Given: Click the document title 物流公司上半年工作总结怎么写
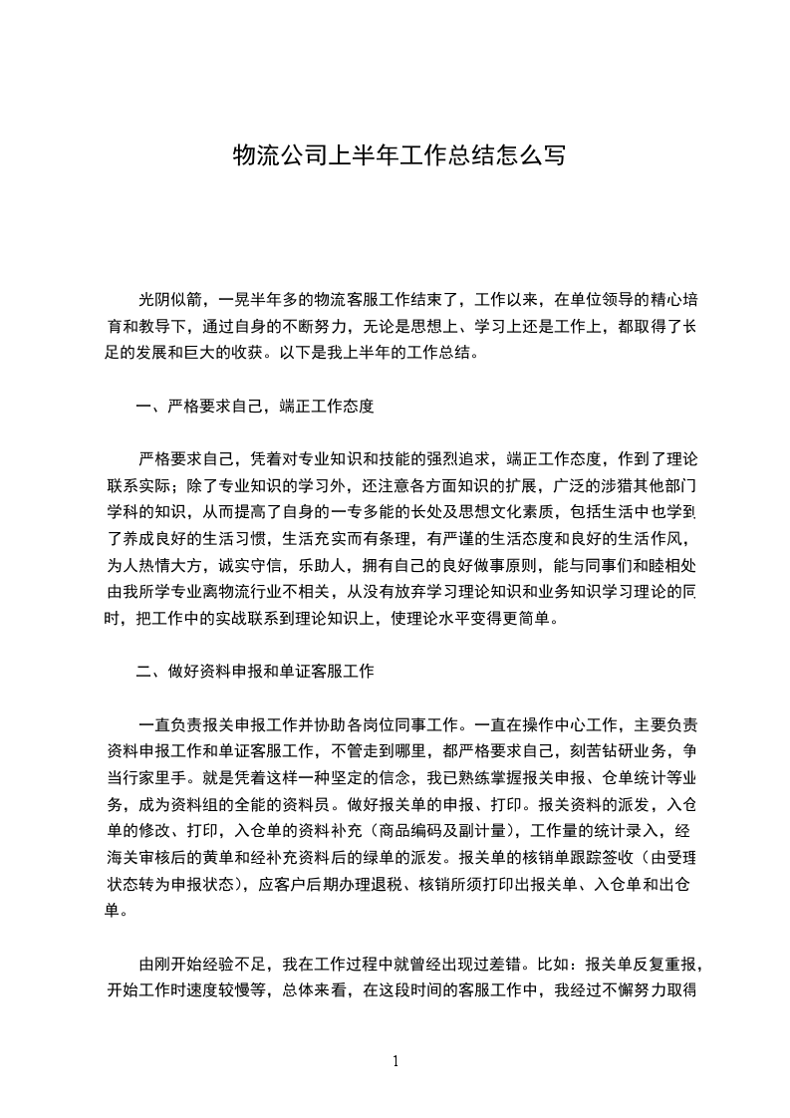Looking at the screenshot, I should pyautogui.click(x=398, y=155).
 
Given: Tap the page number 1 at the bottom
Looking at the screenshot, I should pyautogui.click(x=396, y=1061).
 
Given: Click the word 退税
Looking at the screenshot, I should pyautogui.click(x=362, y=883).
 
